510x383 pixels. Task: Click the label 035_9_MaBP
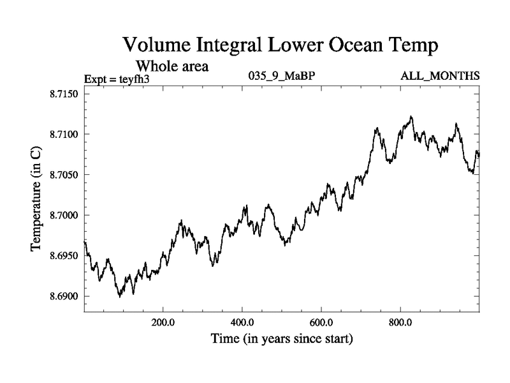point(281,77)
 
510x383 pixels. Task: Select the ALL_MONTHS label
point(440,77)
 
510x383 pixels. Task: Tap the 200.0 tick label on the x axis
point(163,322)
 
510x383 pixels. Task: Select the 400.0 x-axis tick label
point(242,322)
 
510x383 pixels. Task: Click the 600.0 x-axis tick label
point(321,322)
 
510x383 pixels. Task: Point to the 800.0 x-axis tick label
point(400,322)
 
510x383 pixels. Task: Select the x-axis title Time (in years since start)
point(281,338)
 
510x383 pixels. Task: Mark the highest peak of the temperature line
point(411,116)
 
